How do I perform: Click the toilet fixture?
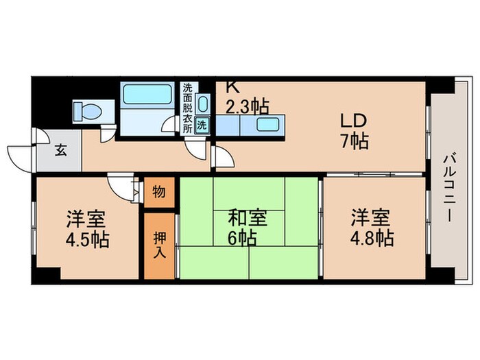point(87,112)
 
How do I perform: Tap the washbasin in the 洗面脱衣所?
point(202,105)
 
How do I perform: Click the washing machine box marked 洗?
point(202,125)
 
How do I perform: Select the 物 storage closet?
point(158,193)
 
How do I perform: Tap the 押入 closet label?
point(158,244)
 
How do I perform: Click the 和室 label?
point(248,219)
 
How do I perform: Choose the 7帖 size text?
point(355,141)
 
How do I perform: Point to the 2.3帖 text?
point(247,106)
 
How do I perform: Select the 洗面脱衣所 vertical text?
point(187,110)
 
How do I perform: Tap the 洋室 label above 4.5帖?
point(86,220)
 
